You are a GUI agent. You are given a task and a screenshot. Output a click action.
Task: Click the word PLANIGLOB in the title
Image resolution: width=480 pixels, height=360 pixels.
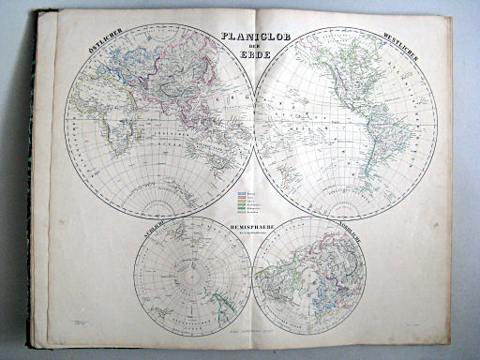point(255,38)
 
